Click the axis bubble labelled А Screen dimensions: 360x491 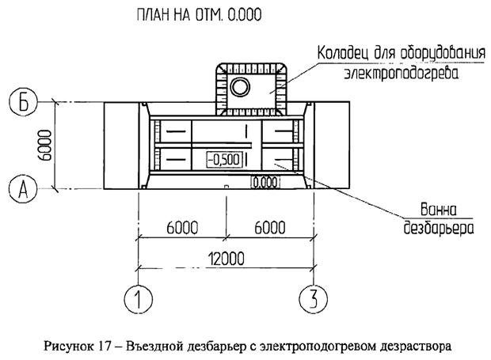coord(21,189)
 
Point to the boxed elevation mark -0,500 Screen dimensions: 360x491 coord(223,159)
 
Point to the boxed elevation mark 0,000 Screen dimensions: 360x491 coord(265,182)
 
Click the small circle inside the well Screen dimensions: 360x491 coord(238,86)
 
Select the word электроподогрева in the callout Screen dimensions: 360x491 coord(402,74)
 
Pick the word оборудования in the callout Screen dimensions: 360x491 coord(440,55)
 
